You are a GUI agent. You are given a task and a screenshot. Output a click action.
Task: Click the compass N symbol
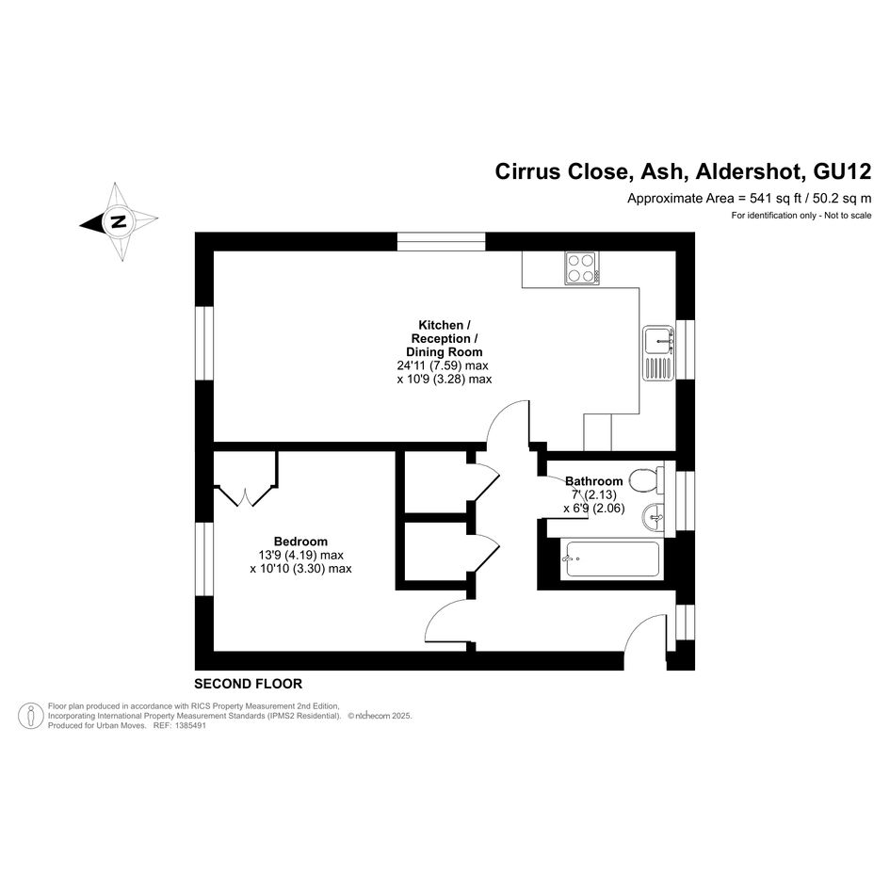[x=118, y=221]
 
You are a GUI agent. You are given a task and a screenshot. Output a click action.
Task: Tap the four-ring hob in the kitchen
[x=582, y=267]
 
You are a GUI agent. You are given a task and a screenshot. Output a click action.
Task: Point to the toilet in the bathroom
[x=646, y=480]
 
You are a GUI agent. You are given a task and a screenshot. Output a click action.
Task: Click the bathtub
[x=612, y=560]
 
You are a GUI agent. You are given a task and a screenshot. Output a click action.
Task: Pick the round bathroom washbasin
[x=653, y=517]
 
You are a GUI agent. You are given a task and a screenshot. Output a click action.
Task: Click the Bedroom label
[x=300, y=542]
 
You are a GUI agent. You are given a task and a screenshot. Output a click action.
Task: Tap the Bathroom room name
[x=593, y=481]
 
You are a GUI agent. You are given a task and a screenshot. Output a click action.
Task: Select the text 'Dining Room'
[x=445, y=352]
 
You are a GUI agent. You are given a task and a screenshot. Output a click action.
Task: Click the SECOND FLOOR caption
[x=248, y=684]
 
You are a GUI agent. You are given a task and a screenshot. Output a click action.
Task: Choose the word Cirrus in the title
[x=527, y=171]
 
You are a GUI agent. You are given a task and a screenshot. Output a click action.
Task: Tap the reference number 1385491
[x=190, y=725]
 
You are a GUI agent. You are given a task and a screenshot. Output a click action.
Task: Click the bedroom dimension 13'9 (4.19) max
[x=300, y=555]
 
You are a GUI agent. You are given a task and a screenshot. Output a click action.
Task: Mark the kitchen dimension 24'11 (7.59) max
[x=443, y=365]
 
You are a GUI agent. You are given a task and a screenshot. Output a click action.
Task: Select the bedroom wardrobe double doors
[x=246, y=495]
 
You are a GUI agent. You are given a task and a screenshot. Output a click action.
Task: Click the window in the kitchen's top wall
[x=441, y=241]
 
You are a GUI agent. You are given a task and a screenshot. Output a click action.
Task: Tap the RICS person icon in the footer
[x=31, y=716]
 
